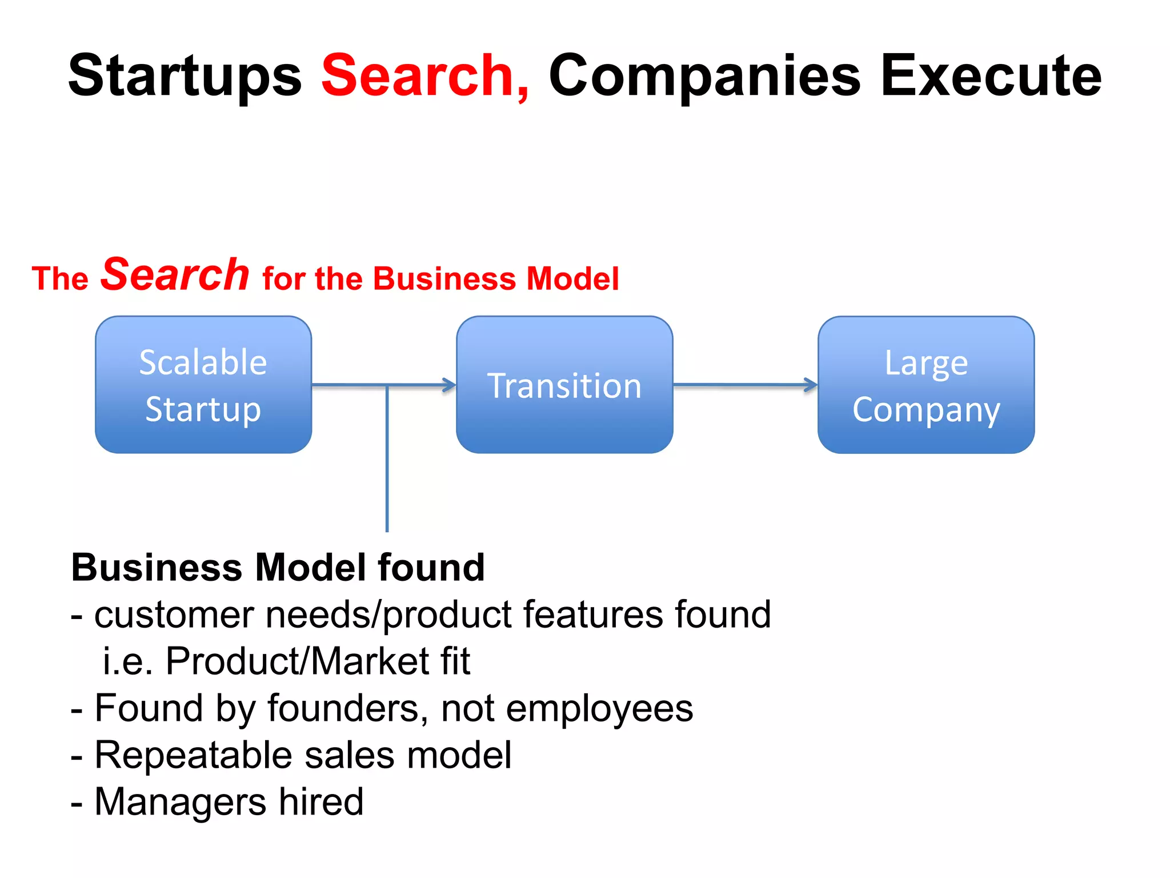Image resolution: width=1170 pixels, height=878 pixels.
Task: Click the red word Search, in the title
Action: [x=426, y=76]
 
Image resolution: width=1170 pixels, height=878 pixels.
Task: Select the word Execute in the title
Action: [x=991, y=76]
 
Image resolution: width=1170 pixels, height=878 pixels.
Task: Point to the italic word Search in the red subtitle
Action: [x=175, y=274]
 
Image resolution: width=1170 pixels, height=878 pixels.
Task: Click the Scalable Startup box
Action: [x=203, y=385]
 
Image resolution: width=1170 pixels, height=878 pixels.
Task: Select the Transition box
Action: [x=564, y=385]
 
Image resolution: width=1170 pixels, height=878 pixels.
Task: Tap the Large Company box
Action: [x=926, y=385]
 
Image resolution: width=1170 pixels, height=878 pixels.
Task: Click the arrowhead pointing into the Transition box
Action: [x=450, y=385]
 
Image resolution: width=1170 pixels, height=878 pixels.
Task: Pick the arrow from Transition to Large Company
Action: [x=746, y=385]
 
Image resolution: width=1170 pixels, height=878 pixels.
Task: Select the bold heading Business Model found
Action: [x=278, y=568]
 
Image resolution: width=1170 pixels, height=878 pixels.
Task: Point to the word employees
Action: [x=599, y=708]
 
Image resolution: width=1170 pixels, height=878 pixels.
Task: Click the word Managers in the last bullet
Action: [x=180, y=802]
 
